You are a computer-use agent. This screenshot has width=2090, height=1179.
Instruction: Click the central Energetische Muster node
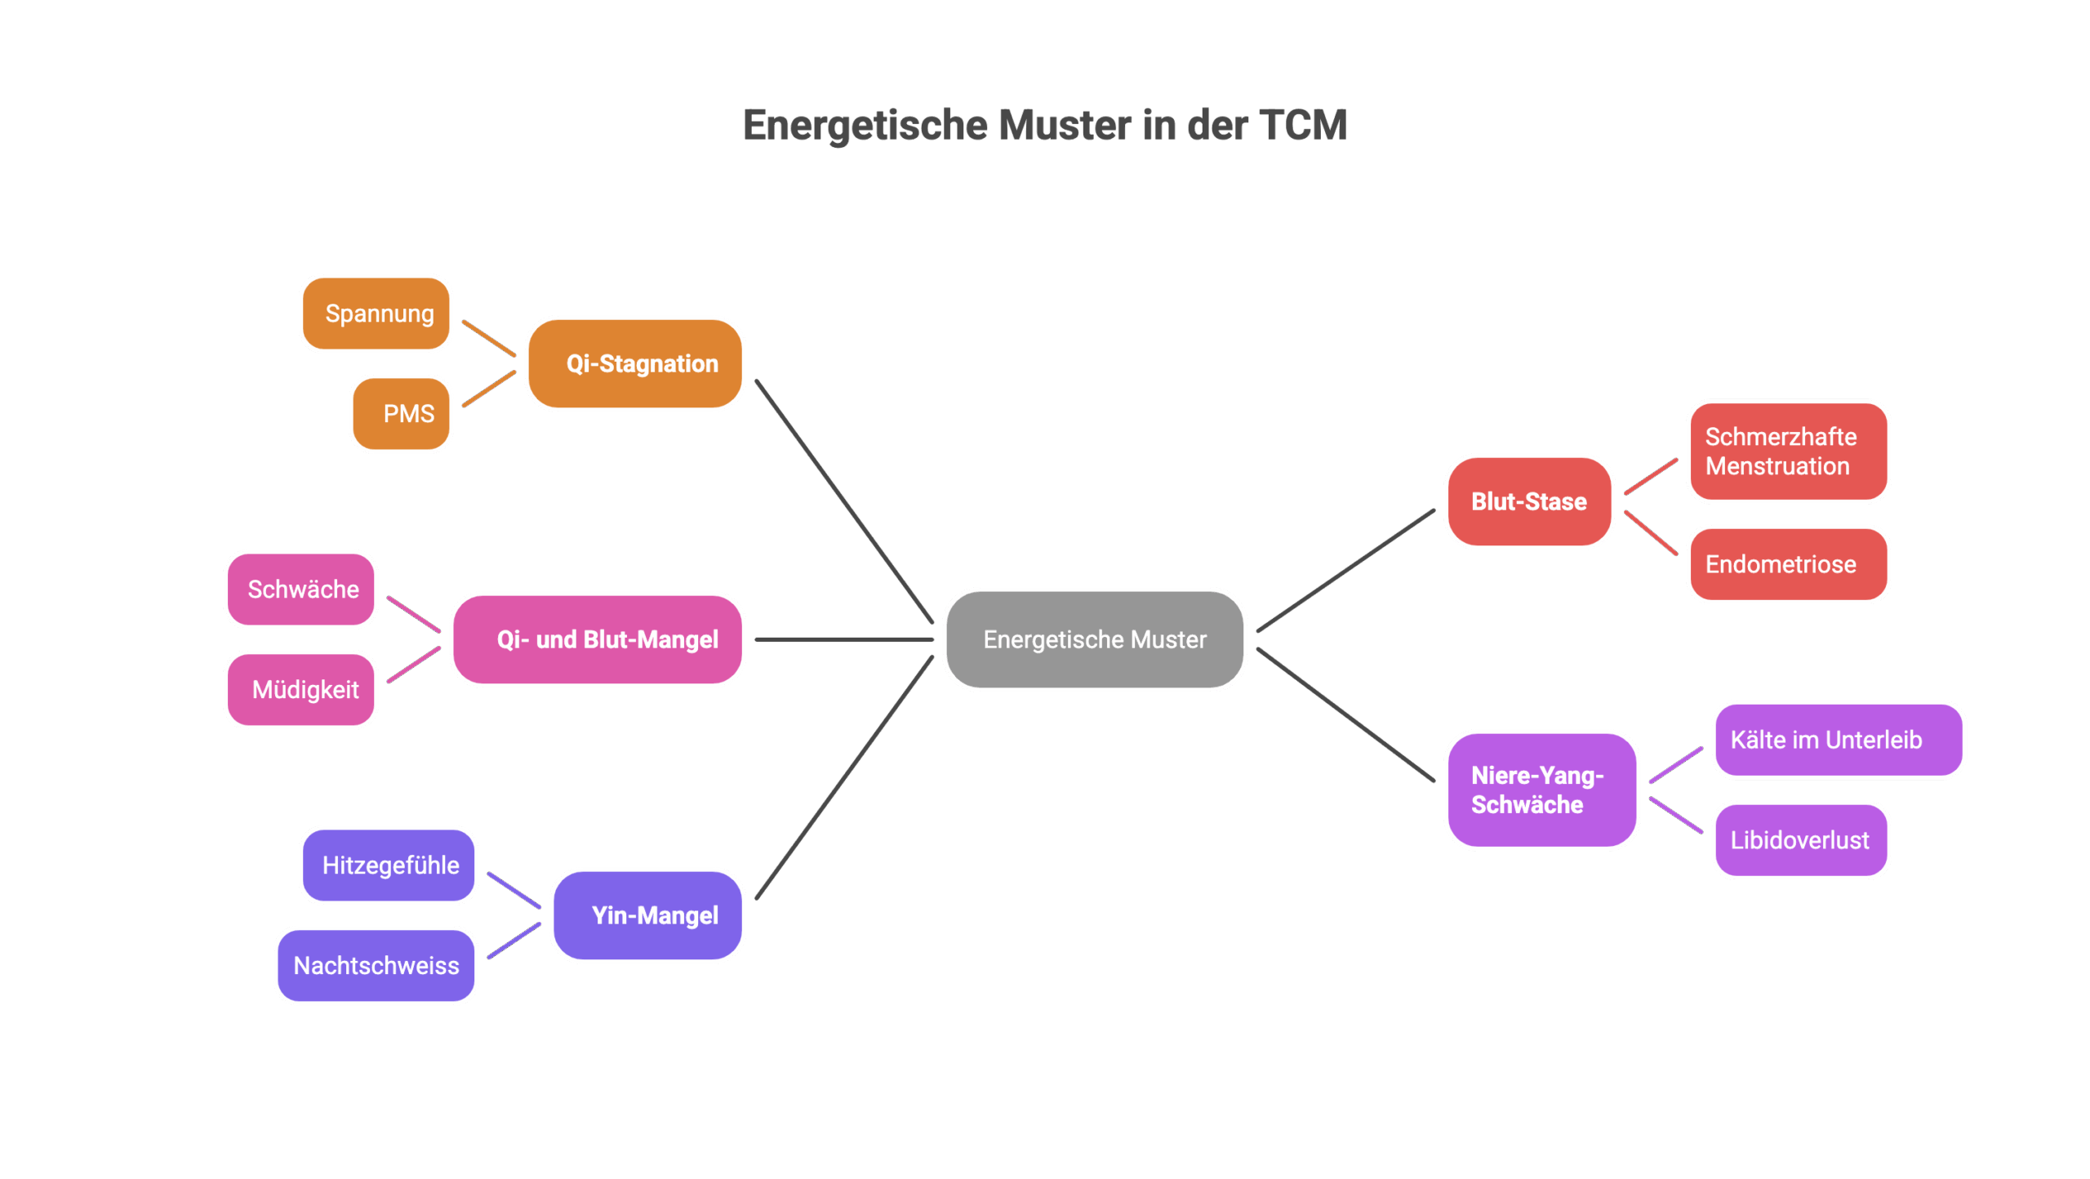[1094, 639]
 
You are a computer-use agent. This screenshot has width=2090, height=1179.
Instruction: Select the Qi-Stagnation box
[635, 363]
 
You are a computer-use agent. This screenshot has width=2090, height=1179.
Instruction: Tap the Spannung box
[376, 314]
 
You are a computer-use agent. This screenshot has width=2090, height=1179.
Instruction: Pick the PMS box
[402, 413]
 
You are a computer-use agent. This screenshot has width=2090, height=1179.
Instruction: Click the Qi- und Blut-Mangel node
[598, 639]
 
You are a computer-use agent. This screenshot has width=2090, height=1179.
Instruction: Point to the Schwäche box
[301, 589]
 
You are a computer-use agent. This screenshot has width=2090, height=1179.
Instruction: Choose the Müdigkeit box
[301, 690]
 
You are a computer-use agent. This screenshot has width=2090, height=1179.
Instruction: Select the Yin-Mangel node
[647, 915]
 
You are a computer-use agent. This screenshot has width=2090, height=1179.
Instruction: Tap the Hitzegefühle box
[389, 865]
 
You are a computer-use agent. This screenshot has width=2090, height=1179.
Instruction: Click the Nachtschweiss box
[376, 966]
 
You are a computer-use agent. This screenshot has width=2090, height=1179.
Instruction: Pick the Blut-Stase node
[1529, 501]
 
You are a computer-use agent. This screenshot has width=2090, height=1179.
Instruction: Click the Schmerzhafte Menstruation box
[1788, 452]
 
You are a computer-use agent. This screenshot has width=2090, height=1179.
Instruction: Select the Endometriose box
[1788, 564]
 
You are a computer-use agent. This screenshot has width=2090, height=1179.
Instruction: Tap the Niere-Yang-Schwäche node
[1541, 790]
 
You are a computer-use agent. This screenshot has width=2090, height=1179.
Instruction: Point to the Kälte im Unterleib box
[1839, 740]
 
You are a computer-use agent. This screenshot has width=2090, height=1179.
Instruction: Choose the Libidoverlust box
[1801, 840]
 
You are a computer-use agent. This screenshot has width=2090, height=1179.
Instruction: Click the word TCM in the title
[1302, 126]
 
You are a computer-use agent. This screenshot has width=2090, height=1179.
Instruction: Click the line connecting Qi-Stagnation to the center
[844, 501]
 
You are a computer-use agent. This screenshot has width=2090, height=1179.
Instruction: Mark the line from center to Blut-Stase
[1345, 570]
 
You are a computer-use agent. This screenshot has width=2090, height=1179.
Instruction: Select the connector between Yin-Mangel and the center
[844, 777]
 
